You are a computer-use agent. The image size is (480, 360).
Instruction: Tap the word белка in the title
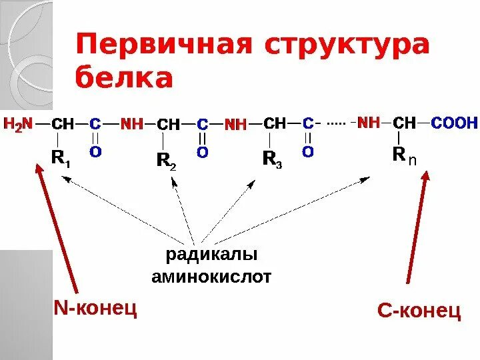pos(124,78)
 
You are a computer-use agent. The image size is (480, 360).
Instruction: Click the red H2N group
pos(19,123)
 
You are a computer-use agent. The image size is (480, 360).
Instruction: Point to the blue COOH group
pos(454,123)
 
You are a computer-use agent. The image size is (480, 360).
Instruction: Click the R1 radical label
pos(61,158)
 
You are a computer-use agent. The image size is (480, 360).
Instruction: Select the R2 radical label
pos(166,160)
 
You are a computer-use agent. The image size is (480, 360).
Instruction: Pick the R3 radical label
pos(271,159)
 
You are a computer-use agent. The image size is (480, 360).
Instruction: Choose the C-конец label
pos(419,311)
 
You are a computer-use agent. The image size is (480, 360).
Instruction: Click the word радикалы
pos(211,255)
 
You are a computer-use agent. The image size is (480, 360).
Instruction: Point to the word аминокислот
pos(211,277)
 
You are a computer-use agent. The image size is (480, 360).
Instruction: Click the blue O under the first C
pos(95,152)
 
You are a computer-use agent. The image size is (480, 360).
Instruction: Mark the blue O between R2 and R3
pos(202,153)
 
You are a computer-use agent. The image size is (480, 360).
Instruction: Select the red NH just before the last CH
pos(369,123)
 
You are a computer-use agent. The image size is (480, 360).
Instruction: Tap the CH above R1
pos(63,124)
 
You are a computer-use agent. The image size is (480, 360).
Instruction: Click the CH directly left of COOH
pos(404,123)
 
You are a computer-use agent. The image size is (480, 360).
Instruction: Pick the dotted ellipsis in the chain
pos(336,123)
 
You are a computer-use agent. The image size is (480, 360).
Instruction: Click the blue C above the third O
pos(307,123)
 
